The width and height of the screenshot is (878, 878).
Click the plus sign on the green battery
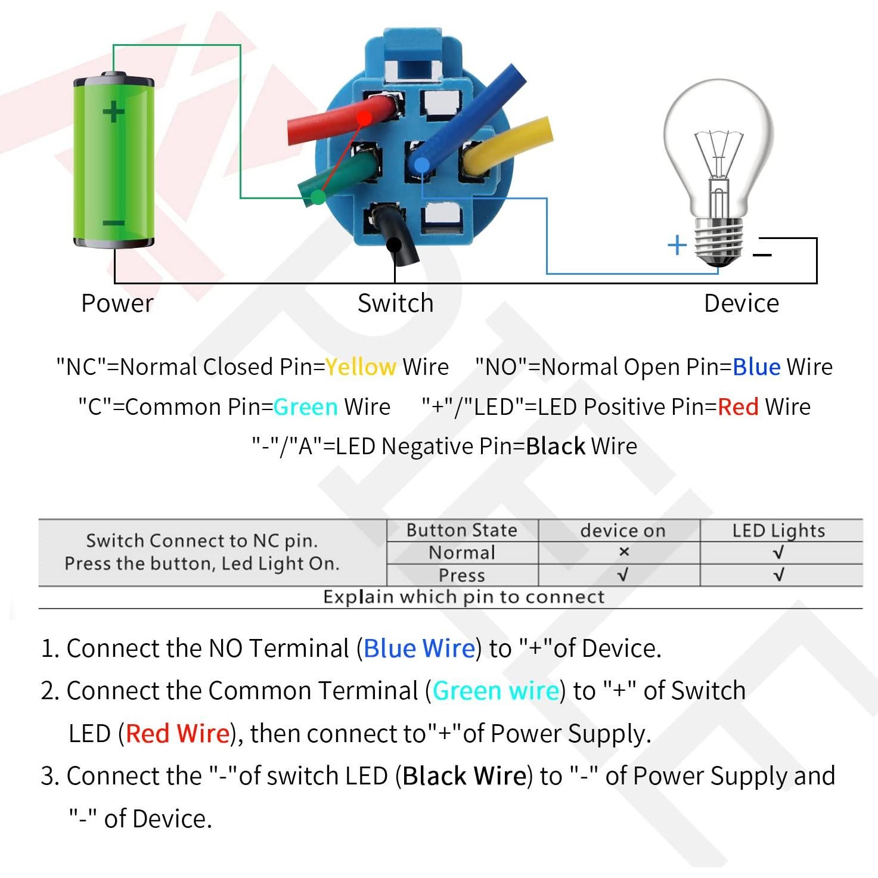(x=113, y=111)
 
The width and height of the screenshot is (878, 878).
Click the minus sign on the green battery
(x=113, y=223)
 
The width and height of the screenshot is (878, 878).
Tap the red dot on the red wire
(x=364, y=118)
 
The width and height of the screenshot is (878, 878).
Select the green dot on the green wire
(x=318, y=197)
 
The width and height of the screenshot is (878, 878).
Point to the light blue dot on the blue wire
(x=422, y=165)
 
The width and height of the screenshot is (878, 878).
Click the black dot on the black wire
(x=393, y=244)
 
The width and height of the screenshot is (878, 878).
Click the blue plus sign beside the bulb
(x=677, y=245)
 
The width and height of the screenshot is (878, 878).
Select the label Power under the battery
(x=117, y=303)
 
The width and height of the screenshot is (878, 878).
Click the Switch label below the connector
(x=395, y=303)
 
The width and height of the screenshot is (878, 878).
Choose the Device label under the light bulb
(x=742, y=303)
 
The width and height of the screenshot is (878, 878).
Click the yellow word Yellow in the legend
(x=361, y=367)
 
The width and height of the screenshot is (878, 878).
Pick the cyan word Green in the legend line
(x=306, y=407)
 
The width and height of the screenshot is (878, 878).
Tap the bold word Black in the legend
(x=556, y=446)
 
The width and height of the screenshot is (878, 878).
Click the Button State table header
(x=461, y=530)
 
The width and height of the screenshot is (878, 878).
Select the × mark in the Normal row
(x=623, y=552)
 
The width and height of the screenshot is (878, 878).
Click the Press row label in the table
(x=461, y=575)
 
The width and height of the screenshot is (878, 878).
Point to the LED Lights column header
(x=778, y=531)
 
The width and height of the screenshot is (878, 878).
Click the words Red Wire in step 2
(x=178, y=733)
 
